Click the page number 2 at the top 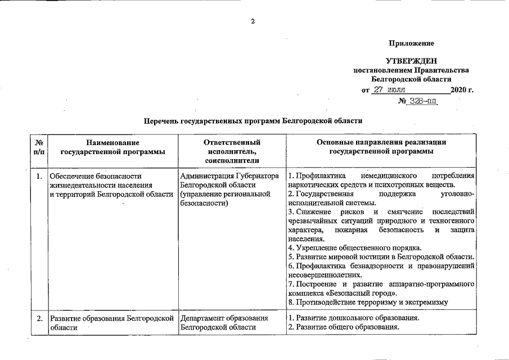pyautogui.click(x=253, y=22)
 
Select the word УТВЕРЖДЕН pyautogui.click(x=411, y=61)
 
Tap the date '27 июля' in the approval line pyautogui.click(x=393, y=89)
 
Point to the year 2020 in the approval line pyautogui.click(x=459, y=90)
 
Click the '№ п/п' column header pyautogui.click(x=39, y=147)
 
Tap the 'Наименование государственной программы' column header pyautogui.click(x=112, y=147)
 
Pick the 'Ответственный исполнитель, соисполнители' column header pyautogui.click(x=232, y=151)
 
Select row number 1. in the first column pyautogui.click(x=39, y=177)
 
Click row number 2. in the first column pyautogui.click(x=39, y=318)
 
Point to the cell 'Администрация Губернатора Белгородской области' pyautogui.click(x=230, y=181)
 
